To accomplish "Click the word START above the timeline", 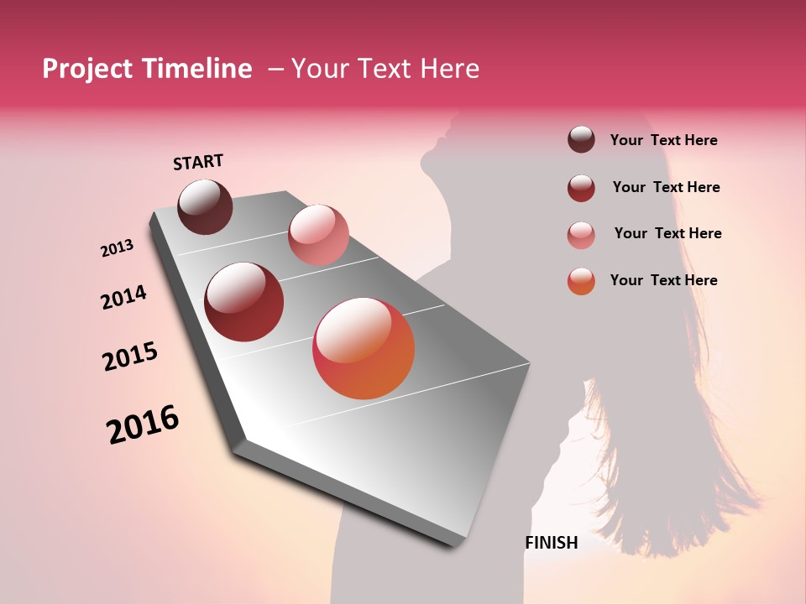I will [198, 162].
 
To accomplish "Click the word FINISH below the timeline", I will [552, 543].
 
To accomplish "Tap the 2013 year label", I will [117, 248].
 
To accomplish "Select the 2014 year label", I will [123, 297].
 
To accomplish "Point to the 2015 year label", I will [130, 357].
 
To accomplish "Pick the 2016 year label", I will [143, 424].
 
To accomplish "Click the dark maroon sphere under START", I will [205, 206].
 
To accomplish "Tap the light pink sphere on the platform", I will [318, 234].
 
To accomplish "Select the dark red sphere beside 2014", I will [244, 302].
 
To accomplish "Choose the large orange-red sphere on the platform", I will [364, 348].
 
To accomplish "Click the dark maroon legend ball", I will [581, 139].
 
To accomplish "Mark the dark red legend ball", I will [581, 188].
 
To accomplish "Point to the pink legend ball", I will [581, 235].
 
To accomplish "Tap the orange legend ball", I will [581, 281].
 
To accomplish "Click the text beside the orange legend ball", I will [663, 280].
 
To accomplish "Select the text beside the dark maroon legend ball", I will [663, 140].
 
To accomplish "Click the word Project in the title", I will [88, 69].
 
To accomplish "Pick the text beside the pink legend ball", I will [667, 233].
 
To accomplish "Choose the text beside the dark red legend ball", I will [666, 187].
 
